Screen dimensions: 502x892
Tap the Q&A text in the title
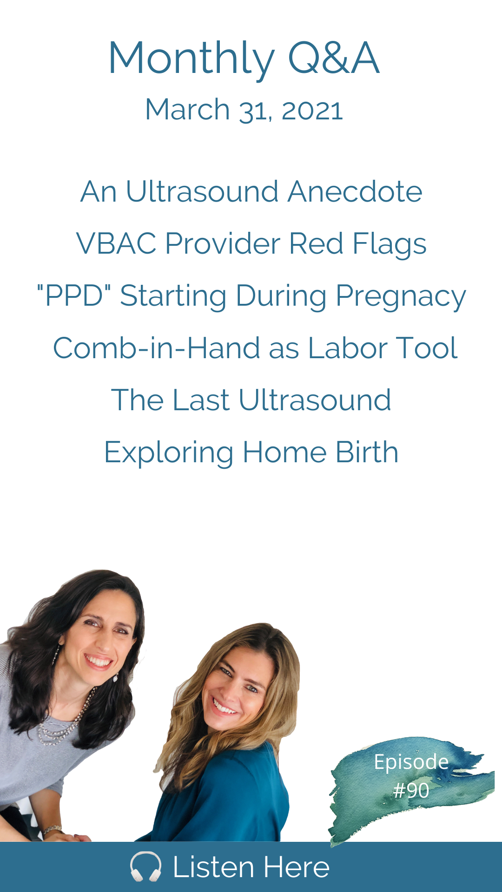tap(334, 58)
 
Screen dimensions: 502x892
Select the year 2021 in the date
tap(312, 111)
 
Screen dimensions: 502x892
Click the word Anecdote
tap(355, 191)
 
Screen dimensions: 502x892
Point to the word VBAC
tap(116, 243)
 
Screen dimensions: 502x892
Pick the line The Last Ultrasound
tap(251, 400)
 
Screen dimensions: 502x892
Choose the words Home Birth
tap(321, 452)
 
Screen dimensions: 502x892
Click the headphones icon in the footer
tap(146, 866)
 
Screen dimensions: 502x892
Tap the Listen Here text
tap(251, 867)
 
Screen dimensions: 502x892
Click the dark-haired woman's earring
tap(115, 677)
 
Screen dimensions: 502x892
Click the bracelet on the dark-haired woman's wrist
tap(52, 829)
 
